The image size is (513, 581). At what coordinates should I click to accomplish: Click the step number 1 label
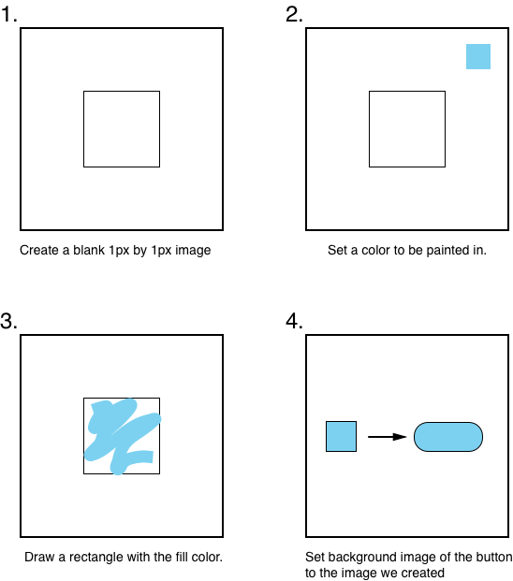pyautogui.click(x=9, y=14)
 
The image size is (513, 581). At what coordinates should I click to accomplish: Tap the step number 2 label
pyautogui.click(x=294, y=14)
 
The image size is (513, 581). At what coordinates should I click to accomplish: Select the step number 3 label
pyautogui.click(x=9, y=321)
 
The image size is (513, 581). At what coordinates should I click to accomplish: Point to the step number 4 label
pyautogui.click(x=294, y=321)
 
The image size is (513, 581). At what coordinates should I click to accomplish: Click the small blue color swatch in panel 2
pyautogui.click(x=478, y=57)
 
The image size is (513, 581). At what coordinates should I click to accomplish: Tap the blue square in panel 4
pyautogui.click(x=341, y=437)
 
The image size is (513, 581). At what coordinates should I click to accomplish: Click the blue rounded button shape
pyautogui.click(x=448, y=437)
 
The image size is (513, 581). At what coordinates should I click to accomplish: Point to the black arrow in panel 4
pyautogui.click(x=387, y=437)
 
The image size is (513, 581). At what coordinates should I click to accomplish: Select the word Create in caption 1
pyautogui.click(x=39, y=250)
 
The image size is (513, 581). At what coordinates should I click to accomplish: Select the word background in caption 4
pyautogui.click(x=350, y=558)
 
